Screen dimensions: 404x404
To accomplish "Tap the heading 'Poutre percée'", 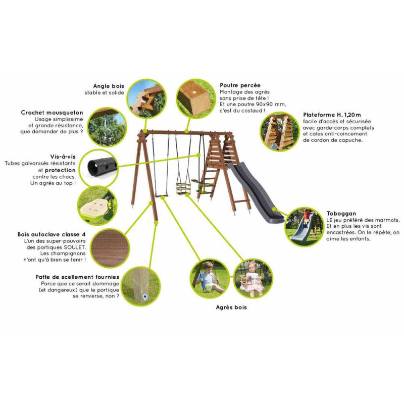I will click(240, 86).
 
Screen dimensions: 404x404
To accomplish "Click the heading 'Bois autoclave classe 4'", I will click(52, 235).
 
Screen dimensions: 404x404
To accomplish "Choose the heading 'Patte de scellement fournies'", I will click(77, 277).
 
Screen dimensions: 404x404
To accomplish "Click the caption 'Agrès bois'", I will click(231, 307).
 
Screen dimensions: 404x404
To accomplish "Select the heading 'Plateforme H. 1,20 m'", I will click(331, 115).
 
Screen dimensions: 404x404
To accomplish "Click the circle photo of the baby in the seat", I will click(253, 279).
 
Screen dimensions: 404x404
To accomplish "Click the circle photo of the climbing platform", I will click(279, 131).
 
